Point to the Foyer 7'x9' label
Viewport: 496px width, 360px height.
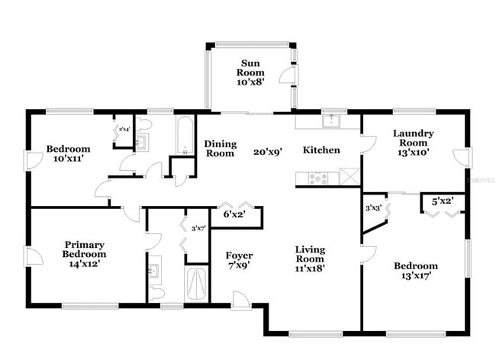point(240,260)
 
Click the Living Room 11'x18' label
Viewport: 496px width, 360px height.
point(311,259)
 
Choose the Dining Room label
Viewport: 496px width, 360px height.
point(220,149)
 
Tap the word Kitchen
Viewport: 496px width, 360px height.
point(321,150)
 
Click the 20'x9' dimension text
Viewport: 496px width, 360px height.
point(269,151)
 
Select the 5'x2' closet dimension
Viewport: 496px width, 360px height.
point(443,202)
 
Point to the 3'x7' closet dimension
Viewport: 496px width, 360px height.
point(198,228)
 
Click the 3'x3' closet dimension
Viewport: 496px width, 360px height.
point(373,207)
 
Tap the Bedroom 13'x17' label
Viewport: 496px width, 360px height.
point(416,271)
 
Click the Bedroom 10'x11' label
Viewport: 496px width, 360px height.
point(68,154)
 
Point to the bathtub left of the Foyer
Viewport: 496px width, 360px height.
point(196,285)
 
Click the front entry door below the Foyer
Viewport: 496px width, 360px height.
point(242,302)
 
